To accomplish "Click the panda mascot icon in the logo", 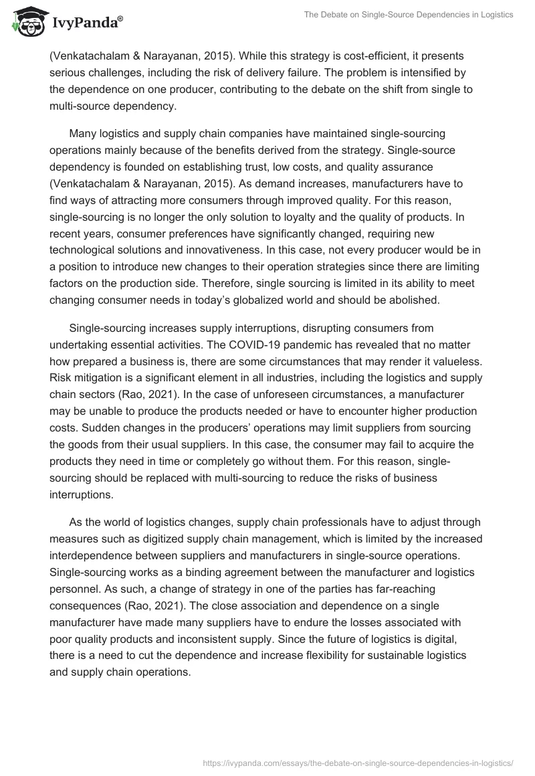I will point(26,23).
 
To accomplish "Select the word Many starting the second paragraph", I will point(84,133).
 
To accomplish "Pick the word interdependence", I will point(94,554).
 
